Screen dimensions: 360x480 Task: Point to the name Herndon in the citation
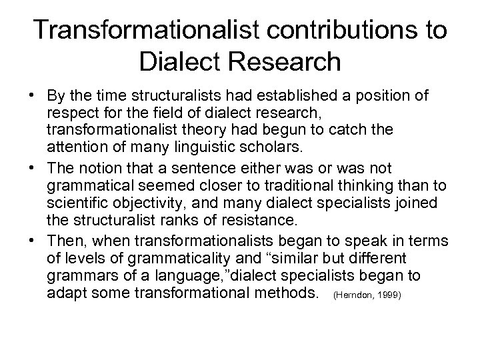[353, 293]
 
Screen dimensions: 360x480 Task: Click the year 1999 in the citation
[389, 293]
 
